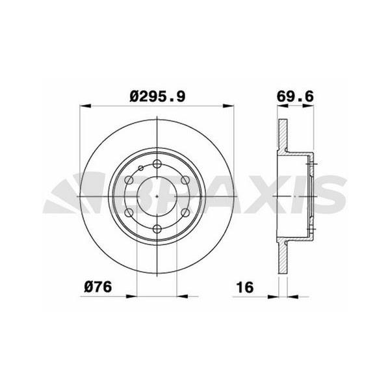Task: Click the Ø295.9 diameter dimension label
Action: pos(157,96)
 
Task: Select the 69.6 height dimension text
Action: pos(295,96)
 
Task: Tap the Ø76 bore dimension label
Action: pos(98,287)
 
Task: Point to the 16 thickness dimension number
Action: pos(245,287)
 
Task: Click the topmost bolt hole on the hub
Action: pos(157,164)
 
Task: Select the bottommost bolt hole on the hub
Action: pos(157,229)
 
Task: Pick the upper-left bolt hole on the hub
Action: pos(129,180)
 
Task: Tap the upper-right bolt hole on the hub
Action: pos(185,180)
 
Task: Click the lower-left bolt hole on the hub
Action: pos(129,213)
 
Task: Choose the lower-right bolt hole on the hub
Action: pos(185,213)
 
